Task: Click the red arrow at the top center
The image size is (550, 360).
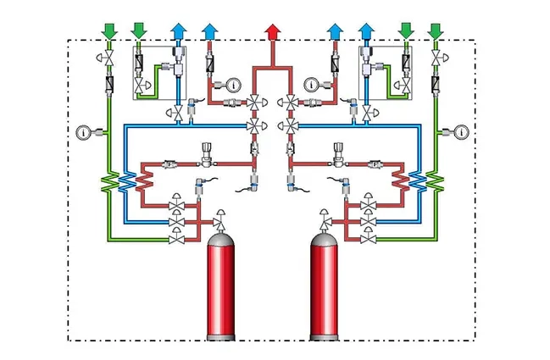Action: click(272, 31)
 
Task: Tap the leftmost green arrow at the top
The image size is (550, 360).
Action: click(108, 31)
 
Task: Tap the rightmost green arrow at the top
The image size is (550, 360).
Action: click(436, 31)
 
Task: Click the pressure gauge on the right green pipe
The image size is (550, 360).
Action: click(461, 132)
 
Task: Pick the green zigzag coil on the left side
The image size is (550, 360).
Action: click(108, 181)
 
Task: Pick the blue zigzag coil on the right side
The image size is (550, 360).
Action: click(418, 181)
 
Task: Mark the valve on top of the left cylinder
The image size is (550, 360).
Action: click(220, 218)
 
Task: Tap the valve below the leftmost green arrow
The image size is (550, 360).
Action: click(108, 57)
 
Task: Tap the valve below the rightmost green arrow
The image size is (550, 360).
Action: click(436, 57)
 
